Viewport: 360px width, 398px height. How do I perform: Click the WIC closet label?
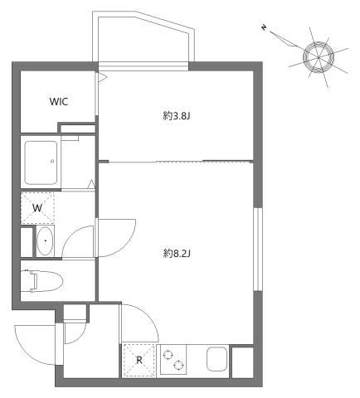tap(59, 102)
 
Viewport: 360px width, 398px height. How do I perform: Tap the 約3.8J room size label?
tap(177, 116)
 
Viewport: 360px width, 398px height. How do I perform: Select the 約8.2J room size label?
tap(177, 253)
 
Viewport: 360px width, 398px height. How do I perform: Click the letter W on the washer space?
tap(37, 208)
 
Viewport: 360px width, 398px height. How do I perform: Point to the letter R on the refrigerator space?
tap(139, 360)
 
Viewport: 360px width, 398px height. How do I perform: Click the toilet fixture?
tap(42, 281)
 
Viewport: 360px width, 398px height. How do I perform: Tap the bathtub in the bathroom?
tap(41, 163)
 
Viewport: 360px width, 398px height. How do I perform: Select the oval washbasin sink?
tap(46, 240)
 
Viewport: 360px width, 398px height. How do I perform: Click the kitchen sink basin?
tap(217, 359)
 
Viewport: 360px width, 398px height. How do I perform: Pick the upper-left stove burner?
tap(168, 355)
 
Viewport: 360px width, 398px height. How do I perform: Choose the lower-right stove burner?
tap(178, 366)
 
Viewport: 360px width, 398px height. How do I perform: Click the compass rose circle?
tap(318, 57)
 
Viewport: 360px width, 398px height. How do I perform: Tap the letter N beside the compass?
tap(264, 27)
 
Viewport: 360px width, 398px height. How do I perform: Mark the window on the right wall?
tap(258, 249)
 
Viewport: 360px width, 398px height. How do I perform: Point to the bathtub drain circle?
tap(52, 161)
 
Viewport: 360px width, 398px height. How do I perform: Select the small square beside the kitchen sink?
tap(242, 362)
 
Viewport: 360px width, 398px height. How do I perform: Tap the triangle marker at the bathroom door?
tap(91, 185)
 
